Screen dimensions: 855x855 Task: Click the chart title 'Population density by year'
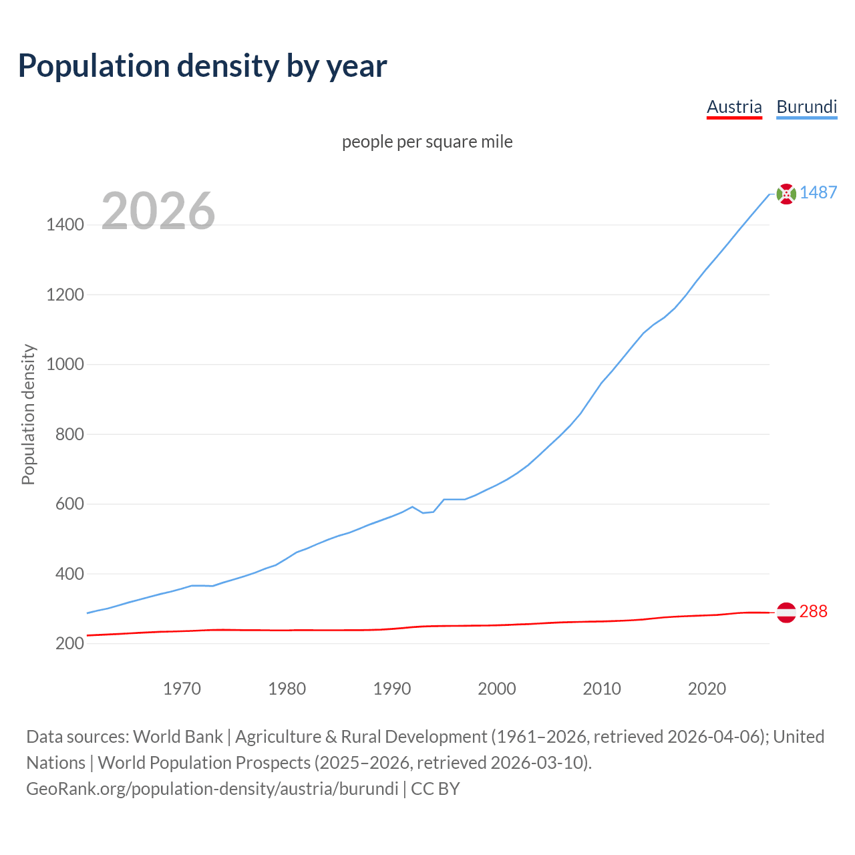tap(202, 66)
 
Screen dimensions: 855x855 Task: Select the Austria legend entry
tap(734, 107)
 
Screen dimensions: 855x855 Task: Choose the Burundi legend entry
tap(806, 107)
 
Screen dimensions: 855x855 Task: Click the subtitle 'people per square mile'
tap(427, 142)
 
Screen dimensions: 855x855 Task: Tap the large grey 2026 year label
tap(158, 211)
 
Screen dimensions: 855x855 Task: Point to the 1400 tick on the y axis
tap(65, 225)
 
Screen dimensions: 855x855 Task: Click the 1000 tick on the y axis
tap(65, 365)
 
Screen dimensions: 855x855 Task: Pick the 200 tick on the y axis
tap(69, 644)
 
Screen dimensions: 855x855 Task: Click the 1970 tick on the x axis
tap(182, 689)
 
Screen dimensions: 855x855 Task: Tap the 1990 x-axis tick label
tap(392, 689)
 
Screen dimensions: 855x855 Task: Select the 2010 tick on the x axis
tap(602, 689)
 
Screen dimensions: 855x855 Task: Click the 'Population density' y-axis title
tap(28, 414)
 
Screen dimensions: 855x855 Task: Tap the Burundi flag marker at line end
tap(786, 194)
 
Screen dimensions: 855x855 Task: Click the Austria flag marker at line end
tap(786, 612)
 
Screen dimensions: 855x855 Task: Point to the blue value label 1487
tap(818, 193)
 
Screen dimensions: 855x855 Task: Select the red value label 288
tap(813, 612)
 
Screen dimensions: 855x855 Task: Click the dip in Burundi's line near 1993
tap(423, 512)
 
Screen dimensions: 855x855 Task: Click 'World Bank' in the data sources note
tap(178, 737)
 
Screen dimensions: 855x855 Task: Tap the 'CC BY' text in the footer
tap(435, 789)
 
